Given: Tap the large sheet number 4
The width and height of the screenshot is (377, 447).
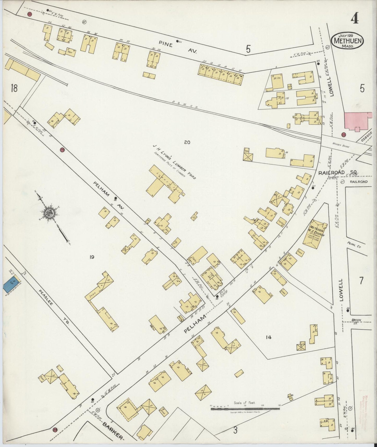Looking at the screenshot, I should click(354, 19).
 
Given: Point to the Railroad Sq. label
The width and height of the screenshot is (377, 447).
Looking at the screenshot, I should click(338, 172).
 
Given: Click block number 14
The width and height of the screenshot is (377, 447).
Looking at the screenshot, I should click(268, 337).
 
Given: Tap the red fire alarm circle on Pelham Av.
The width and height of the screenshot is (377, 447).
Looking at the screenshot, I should click(62, 150).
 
